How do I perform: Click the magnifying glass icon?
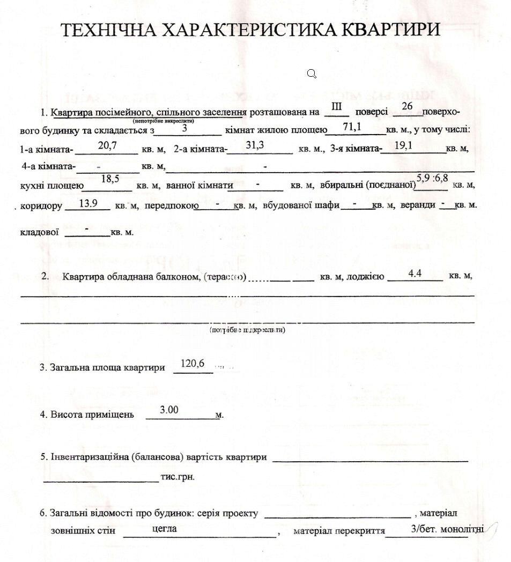(312, 73)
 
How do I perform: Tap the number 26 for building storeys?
(407, 106)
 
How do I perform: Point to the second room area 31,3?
(255, 145)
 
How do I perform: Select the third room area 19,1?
(403, 145)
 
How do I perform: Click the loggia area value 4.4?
(414, 273)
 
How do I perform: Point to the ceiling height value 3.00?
(169, 410)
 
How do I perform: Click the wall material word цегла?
(165, 528)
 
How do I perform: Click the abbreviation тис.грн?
(177, 477)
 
